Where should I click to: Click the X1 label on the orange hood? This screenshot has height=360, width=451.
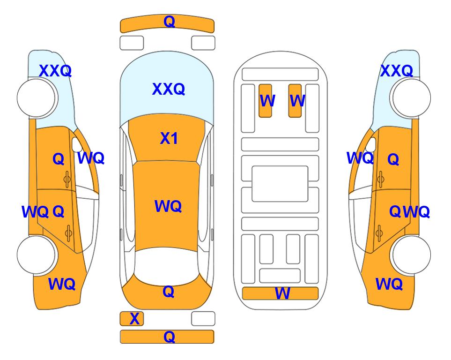pyautogui.click(x=169, y=138)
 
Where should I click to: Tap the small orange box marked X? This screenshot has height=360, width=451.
pyautogui.click(x=132, y=319)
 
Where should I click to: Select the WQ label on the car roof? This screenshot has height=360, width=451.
pyautogui.click(x=168, y=206)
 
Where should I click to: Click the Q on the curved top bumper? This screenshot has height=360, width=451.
pyautogui.click(x=169, y=22)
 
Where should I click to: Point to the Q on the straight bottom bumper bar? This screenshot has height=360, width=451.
pyautogui.click(x=169, y=337)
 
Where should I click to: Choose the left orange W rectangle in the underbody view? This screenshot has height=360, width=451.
pyautogui.click(x=265, y=100)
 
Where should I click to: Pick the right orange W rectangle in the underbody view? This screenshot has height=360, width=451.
pyautogui.click(x=295, y=100)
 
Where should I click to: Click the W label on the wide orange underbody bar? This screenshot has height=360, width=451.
pyautogui.click(x=282, y=293)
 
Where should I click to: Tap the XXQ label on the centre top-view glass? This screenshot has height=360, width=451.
pyautogui.click(x=168, y=89)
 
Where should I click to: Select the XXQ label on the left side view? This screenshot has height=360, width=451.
pyautogui.click(x=55, y=71)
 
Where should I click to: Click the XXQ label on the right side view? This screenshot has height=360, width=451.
pyautogui.click(x=397, y=71)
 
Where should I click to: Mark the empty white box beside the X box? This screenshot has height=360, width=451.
pyautogui.click(x=203, y=319)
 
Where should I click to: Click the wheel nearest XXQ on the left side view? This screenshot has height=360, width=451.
pyautogui.click(x=36, y=98)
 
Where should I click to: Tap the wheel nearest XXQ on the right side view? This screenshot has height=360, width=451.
pyautogui.click(x=411, y=98)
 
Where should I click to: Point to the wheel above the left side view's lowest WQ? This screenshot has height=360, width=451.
pyautogui.click(x=36, y=255)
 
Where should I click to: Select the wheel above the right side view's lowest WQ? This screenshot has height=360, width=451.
pyautogui.click(x=411, y=255)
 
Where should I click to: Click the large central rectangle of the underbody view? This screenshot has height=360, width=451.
pyautogui.click(x=280, y=184)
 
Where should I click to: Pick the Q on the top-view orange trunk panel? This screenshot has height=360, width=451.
pyautogui.click(x=168, y=292)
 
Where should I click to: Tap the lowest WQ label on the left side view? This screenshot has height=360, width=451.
pyautogui.click(x=61, y=284)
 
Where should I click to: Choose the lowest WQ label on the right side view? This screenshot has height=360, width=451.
pyautogui.click(x=389, y=284)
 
